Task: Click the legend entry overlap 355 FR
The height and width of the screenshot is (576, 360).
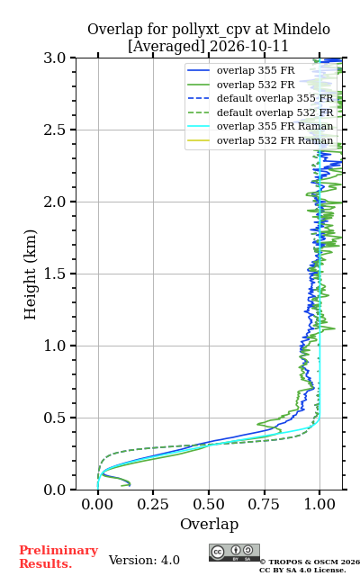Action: [x=256, y=70]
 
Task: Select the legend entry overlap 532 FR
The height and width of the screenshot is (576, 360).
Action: [x=256, y=85]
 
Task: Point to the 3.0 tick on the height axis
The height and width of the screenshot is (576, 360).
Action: [x=54, y=58]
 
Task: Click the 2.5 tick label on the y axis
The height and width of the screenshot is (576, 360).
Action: [x=54, y=130]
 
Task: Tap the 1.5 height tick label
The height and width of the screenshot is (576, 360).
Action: [x=54, y=274]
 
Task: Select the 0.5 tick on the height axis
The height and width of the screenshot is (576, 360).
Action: [x=54, y=418]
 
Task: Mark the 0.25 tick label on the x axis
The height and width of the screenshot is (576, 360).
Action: [x=153, y=504]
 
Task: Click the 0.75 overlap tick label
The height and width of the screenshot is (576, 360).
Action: [x=264, y=504]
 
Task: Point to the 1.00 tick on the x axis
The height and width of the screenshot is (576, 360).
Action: [x=319, y=504]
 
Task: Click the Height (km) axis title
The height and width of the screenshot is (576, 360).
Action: [x=31, y=274]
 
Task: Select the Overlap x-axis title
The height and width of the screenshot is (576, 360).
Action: [x=210, y=524]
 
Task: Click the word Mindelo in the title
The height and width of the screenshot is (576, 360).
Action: [x=301, y=30]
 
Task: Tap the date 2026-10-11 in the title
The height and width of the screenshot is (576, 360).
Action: [x=249, y=46]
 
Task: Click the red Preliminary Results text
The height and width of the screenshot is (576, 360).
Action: [x=58, y=557]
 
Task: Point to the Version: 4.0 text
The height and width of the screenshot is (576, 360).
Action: [x=144, y=560]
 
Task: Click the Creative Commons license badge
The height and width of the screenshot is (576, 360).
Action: [x=234, y=553]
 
